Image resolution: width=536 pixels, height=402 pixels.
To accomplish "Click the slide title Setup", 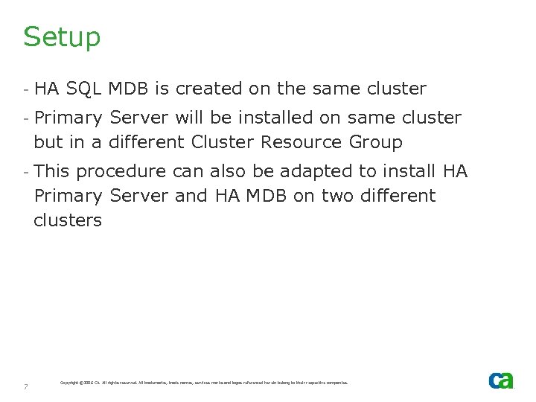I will click(62, 36).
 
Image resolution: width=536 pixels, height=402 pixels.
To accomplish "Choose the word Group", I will click(371, 141).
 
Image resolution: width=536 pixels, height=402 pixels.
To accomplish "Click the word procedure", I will click(121, 172).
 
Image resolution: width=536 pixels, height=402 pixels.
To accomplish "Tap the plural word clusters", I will click(68, 220).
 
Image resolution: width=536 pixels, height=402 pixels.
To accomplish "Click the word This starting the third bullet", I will click(52, 171).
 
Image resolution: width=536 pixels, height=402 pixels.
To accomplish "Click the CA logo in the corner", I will click(501, 380).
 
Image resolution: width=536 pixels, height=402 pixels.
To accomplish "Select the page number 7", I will click(25, 386).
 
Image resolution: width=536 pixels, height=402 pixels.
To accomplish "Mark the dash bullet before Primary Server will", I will click(25, 118).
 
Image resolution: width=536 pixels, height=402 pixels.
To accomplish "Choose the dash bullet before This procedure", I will click(25, 171).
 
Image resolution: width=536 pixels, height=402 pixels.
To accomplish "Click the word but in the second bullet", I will click(48, 141).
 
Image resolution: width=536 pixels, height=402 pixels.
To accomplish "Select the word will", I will click(186, 118).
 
